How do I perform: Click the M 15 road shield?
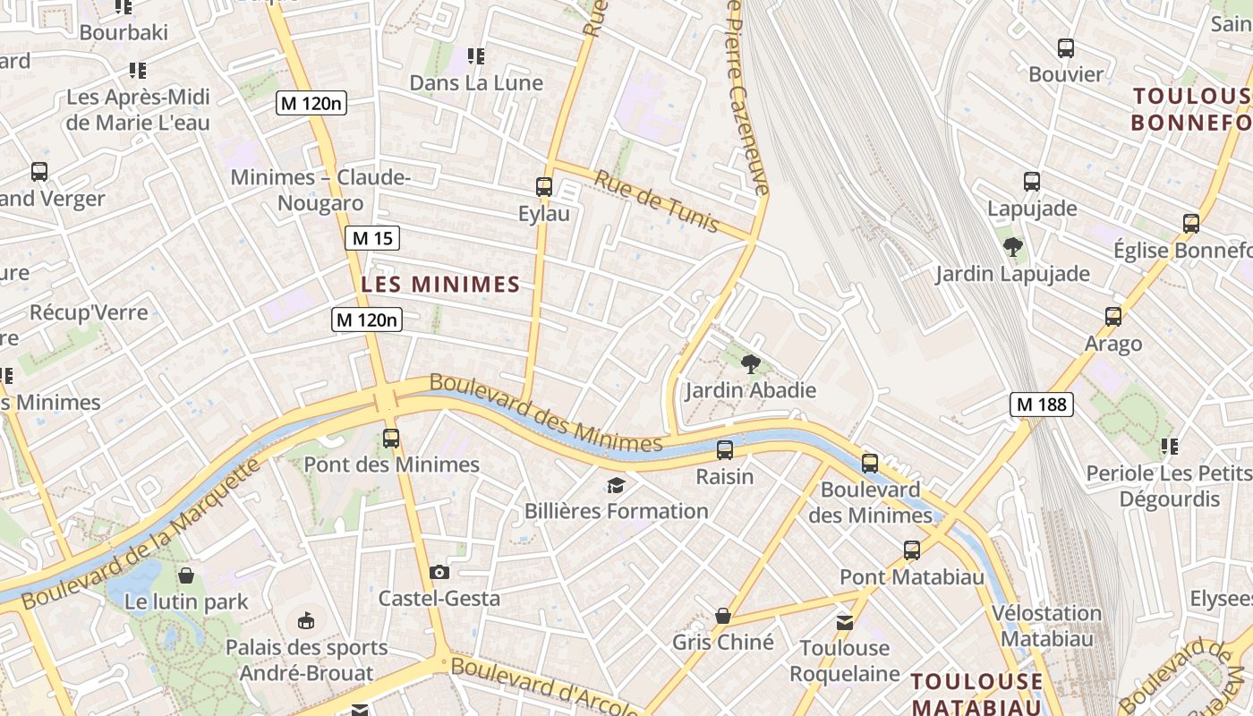pos(372,238)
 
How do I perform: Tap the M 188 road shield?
pos(1042,405)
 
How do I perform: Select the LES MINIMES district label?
pos(440,285)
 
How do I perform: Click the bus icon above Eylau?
pos(544,187)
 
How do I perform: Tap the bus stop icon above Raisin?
pos(725,449)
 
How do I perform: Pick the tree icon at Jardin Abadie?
pos(751,363)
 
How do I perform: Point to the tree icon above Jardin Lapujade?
pos(1013,247)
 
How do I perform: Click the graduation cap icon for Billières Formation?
pos(616,485)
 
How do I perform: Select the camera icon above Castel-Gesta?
pos(439,572)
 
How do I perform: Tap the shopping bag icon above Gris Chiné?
pos(723,616)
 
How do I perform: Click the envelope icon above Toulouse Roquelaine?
pos(845,622)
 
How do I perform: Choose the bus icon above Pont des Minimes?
pos(391,438)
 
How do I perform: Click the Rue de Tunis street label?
pos(657,201)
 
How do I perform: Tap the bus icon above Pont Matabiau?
pos(912,550)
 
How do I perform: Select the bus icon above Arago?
pos(1113,316)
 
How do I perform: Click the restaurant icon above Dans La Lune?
pos(476,56)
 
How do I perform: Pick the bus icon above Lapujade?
pos(1032,182)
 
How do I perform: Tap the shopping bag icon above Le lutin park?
pos(186,575)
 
